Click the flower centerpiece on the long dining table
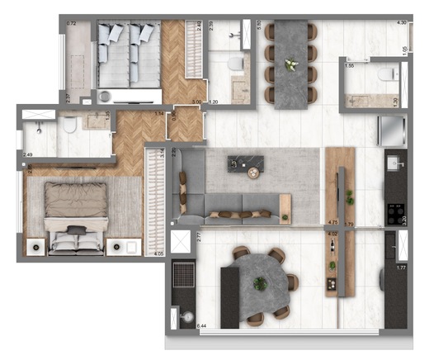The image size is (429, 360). [290, 64]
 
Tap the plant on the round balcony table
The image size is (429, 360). [261, 284]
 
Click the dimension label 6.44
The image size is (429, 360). [200, 328]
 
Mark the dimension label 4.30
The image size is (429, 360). [402, 22]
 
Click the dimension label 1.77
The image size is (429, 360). [402, 267]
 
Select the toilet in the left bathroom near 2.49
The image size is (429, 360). [70, 125]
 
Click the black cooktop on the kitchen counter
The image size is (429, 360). [394, 217]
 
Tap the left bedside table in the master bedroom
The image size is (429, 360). [35, 246]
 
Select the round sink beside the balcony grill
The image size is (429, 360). [186, 317]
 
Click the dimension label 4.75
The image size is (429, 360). [332, 222]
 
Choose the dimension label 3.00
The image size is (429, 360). [196, 102]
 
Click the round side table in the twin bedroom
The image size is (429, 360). [104, 96]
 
